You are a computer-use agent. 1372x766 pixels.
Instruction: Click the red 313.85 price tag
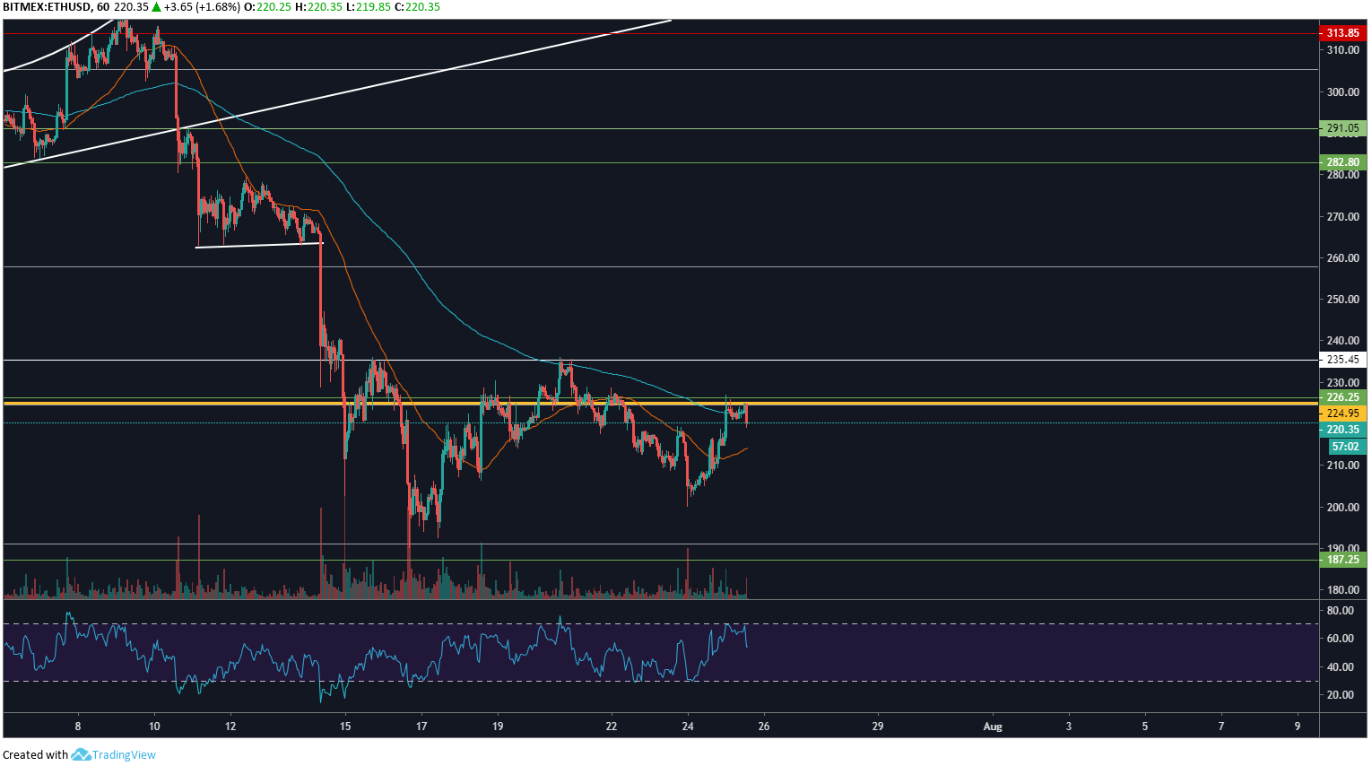click(1342, 33)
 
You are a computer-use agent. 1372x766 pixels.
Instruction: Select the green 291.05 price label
click(1342, 128)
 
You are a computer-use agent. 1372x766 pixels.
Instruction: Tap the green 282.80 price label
click(1342, 162)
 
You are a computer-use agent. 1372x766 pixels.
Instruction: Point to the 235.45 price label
click(1342, 360)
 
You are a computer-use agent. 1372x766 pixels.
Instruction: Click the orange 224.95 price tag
click(1342, 413)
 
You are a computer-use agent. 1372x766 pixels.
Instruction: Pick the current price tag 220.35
click(1342, 430)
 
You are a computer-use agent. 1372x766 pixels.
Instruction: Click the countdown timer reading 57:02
click(1345, 447)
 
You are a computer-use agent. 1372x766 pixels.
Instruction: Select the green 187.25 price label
click(1342, 560)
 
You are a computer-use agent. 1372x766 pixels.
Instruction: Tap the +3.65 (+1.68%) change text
click(195, 7)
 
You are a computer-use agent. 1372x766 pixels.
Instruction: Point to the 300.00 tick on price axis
click(1342, 92)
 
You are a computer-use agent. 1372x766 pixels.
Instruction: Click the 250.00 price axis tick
click(1342, 300)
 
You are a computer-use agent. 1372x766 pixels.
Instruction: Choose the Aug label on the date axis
click(992, 727)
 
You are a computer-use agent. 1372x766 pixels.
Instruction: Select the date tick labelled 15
click(345, 727)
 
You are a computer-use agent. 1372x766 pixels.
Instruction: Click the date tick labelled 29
click(877, 727)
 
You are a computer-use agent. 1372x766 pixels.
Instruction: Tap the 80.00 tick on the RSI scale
click(1340, 611)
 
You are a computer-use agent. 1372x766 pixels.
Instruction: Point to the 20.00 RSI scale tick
click(1340, 695)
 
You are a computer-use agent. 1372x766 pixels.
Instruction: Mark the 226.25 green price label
click(1342, 397)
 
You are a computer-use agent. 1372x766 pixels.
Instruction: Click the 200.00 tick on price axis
click(1342, 508)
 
